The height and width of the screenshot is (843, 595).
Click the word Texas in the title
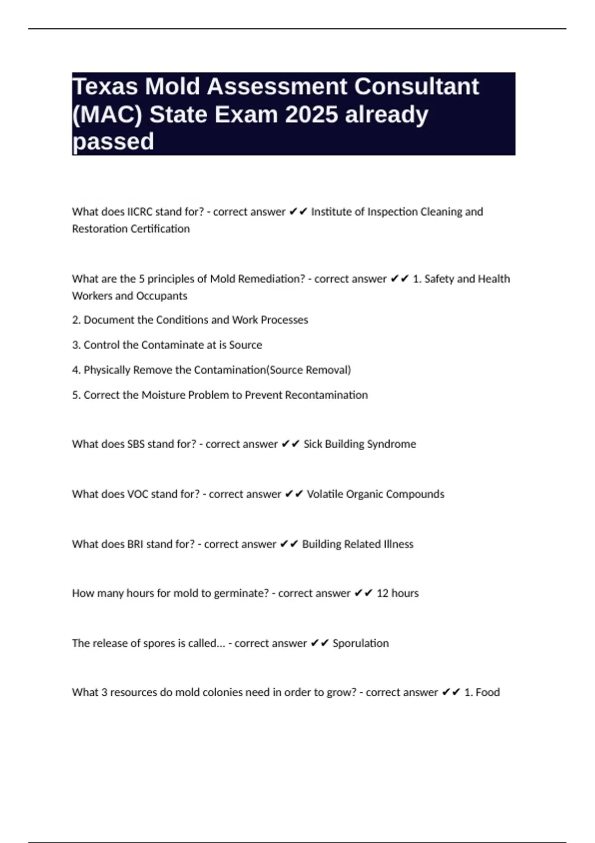click(x=105, y=87)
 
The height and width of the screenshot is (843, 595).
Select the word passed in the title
click(x=113, y=142)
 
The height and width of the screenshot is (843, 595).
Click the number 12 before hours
click(x=382, y=593)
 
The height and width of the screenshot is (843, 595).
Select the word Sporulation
click(x=360, y=643)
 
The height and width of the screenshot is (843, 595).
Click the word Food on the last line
click(x=488, y=692)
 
